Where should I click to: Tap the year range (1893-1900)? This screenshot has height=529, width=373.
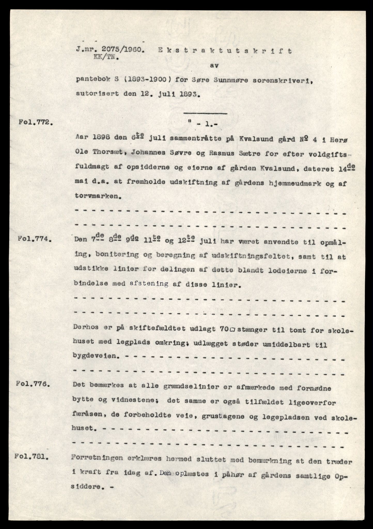(x=144, y=80)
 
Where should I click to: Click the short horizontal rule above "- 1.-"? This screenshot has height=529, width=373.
(x=205, y=113)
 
